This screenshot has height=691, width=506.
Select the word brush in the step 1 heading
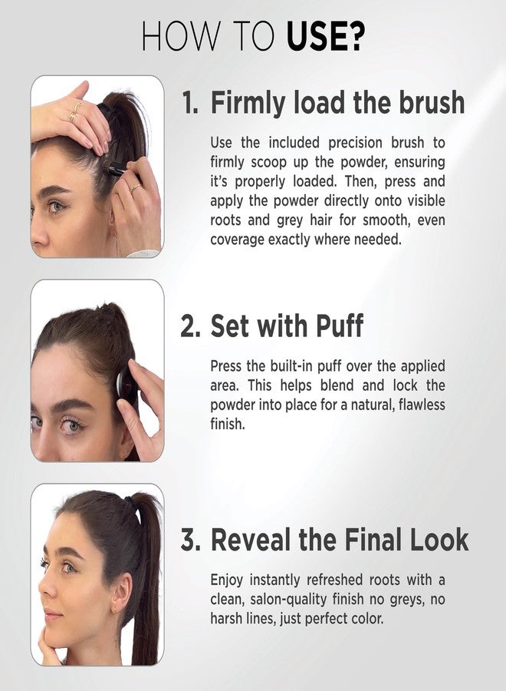tap(430, 102)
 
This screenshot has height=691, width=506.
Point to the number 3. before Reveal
tap(191, 540)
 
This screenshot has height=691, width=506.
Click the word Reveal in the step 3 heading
tap(250, 540)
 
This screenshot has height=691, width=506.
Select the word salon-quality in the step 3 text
tap(290, 598)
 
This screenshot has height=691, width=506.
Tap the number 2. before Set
tap(191, 326)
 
